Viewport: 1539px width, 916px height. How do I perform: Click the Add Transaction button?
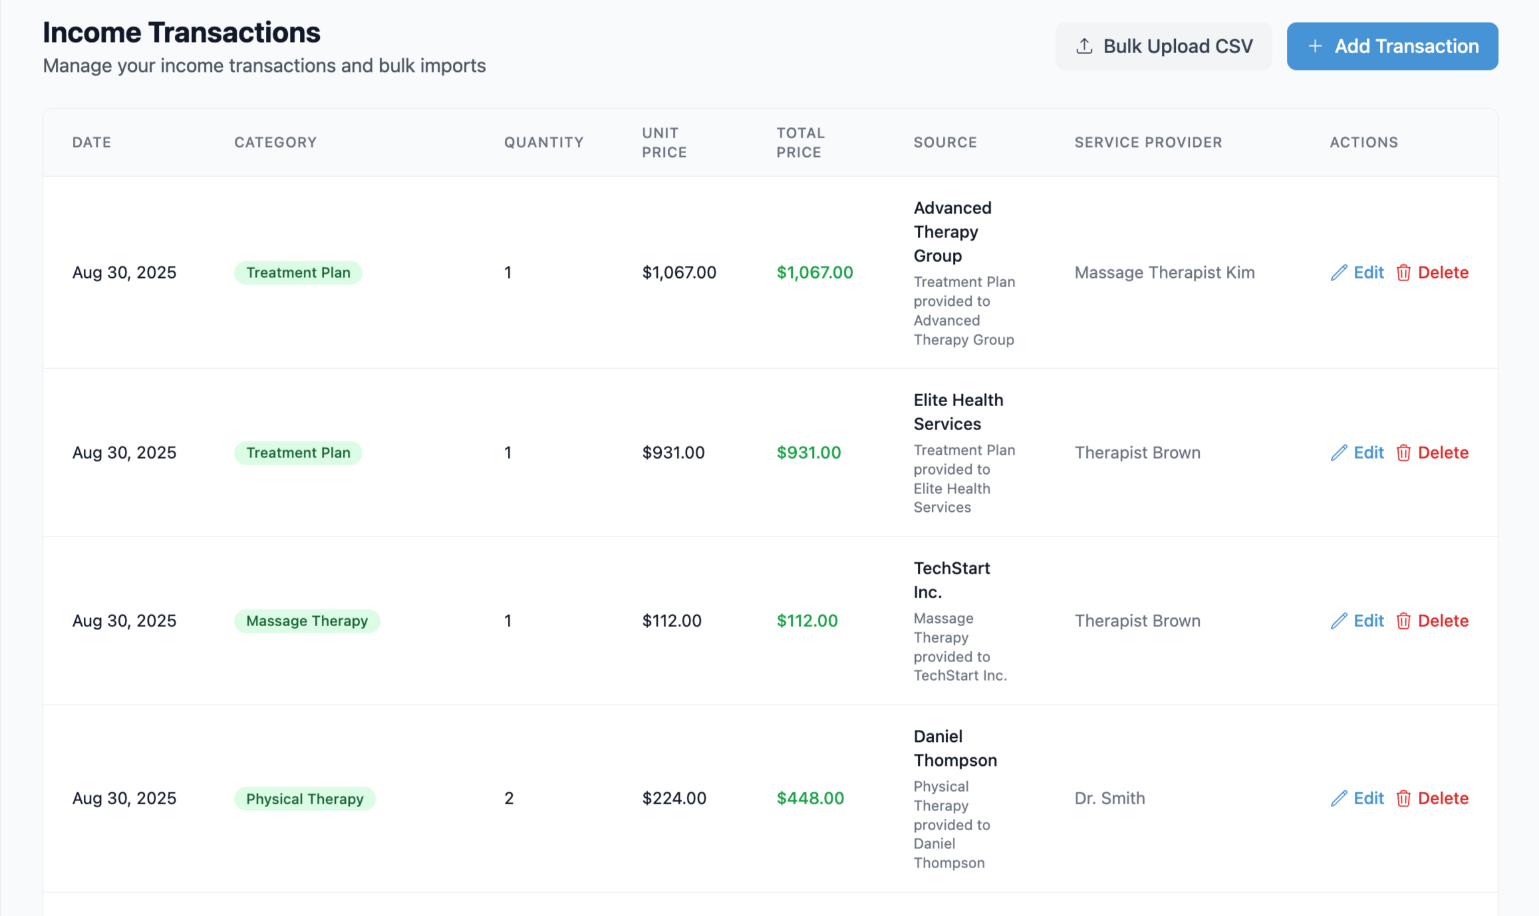tap(1391, 47)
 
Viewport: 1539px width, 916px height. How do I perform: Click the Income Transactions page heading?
tap(182, 33)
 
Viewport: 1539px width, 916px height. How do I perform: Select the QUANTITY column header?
tap(543, 142)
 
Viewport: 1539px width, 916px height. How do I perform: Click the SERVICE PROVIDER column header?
tap(1148, 142)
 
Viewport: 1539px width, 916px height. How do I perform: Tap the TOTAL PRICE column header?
tap(800, 142)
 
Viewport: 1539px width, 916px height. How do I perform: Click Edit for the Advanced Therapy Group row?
tap(1357, 273)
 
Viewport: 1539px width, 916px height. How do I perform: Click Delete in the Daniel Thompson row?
tap(1433, 798)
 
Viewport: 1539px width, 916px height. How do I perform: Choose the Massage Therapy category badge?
tap(307, 621)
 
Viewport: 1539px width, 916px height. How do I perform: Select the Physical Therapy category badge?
tap(305, 798)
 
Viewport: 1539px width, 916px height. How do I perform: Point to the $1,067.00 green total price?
tap(814, 273)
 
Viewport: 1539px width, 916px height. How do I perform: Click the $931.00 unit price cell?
tap(673, 453)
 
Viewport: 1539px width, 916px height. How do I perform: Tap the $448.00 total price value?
tap(810, 798)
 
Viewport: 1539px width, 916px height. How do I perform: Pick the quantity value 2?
tap(509, 798)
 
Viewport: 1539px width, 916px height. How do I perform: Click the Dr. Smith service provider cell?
tap(1109, 798)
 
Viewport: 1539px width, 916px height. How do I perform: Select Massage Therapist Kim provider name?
tap(1164, 273)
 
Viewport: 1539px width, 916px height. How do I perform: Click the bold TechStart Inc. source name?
tap(951, 580)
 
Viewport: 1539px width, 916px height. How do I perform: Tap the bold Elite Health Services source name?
tap(958, 411)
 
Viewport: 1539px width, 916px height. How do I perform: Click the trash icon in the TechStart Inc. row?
tap(1403, 621)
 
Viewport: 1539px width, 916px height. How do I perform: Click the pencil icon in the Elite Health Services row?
tap(1339, 453)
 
